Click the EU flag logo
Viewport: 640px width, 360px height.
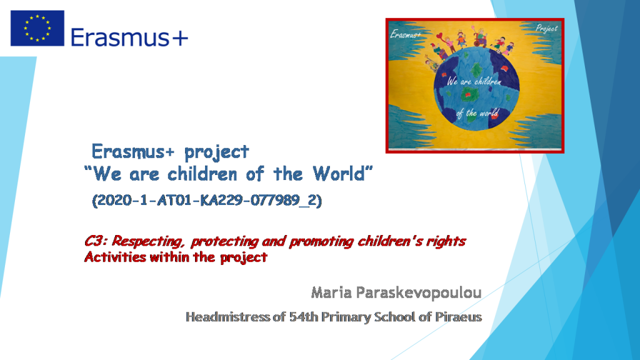[x=37, y=28]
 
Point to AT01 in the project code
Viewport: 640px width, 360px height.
[x=176, y=202]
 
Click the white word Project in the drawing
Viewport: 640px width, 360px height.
[x=546, y=29]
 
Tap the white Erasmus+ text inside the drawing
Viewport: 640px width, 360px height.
[x=406, y=35]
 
